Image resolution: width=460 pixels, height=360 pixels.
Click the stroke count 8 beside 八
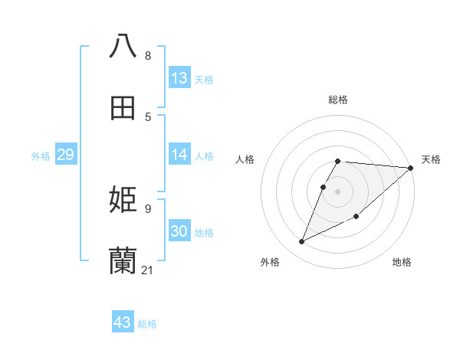coord(148,56)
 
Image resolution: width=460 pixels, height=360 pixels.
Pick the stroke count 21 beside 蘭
coord(148,270)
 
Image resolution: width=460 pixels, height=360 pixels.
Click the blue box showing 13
coord(179,78)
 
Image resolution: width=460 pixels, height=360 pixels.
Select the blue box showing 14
coord(179,155)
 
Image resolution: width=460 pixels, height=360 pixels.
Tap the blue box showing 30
coord(179,231)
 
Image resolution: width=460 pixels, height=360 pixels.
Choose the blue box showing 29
coord(65,155)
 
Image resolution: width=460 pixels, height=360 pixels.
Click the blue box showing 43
coord(123,322)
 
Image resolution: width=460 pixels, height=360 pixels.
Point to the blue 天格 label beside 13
coord(204,79)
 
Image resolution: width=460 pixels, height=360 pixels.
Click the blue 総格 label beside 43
coord(147,324)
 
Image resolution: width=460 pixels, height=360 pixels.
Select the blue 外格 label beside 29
coord(41,155)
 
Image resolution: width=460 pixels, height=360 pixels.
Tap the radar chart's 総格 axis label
coord(338,100)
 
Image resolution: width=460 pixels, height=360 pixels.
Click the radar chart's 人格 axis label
coord(246,159)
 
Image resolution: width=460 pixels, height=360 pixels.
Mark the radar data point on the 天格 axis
coord(410,169)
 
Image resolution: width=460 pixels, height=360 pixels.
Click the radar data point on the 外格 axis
coord(302,242)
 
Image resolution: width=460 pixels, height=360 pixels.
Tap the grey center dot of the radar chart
coord(338,191)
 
